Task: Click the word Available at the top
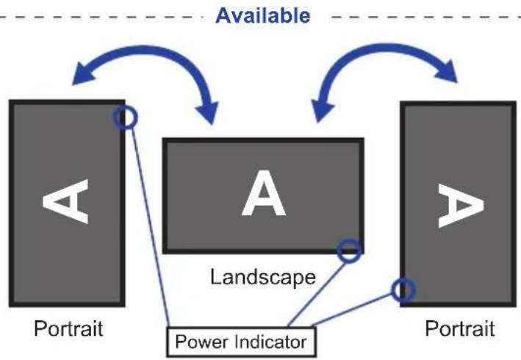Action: [x=263, y=15]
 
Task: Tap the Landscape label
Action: [x=263, y=277]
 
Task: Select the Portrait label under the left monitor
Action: [x=68, y=328]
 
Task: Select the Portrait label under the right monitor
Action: [x=460, y=328]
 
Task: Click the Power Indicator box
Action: [x=241, y=342]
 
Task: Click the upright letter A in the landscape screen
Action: [x=264, y=193]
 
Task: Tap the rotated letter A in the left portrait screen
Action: [x=65, y=201]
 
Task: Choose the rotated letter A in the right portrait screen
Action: [x=461, y=206]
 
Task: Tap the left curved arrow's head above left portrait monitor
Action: [x=83, y=75]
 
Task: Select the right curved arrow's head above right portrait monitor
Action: [x=447, y=71]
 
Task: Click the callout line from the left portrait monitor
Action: [x=151, y=228]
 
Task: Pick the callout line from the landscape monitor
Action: [x=316, y=294]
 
